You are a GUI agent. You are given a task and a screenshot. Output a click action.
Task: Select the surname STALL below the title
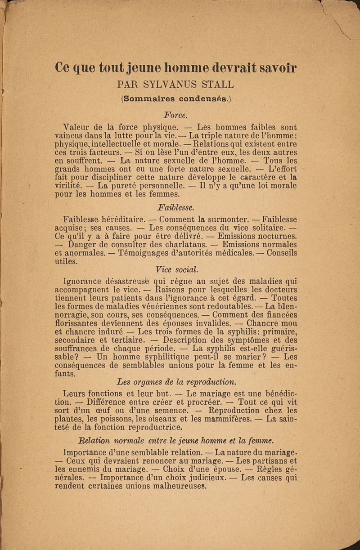pos(218,84)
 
